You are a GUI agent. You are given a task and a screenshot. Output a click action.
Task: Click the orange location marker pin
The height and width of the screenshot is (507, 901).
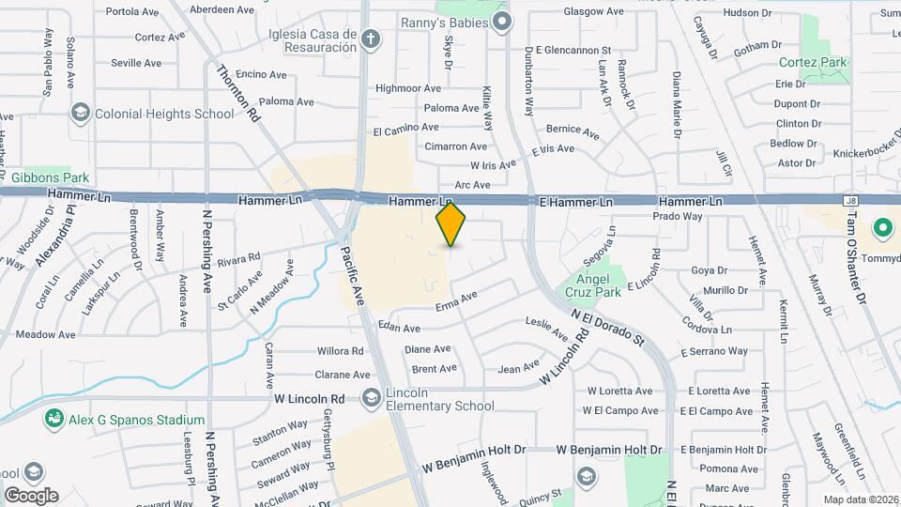(x=451, y=223)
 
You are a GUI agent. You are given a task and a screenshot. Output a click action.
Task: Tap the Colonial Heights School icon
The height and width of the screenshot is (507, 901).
(x=81, y=114)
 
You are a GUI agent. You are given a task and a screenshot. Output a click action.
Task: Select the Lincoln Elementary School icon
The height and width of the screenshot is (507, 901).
(x=371, y=398)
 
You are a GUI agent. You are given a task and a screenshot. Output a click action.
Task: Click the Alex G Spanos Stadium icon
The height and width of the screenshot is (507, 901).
(x=54, y=420)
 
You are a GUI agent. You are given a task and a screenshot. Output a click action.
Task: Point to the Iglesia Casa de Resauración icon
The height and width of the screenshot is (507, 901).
(x=371, y=39)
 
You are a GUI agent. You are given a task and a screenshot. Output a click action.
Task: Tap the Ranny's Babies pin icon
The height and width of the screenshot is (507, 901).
(x=503, y=22)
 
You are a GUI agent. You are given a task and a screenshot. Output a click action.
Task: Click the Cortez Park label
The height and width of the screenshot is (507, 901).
(x=813, y=62)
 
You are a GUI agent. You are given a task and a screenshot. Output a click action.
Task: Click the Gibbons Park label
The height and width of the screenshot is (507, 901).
(x=50, y=177)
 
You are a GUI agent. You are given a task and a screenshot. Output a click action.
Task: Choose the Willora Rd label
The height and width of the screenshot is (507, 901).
(x=340, y=351)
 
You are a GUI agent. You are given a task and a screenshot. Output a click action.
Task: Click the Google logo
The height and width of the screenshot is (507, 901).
(x=31, y=495)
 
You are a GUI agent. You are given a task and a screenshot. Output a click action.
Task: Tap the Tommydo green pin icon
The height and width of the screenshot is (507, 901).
(x=883, y=228)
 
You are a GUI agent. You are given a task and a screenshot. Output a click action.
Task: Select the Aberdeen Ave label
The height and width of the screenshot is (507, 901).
(x=221, y=9)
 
